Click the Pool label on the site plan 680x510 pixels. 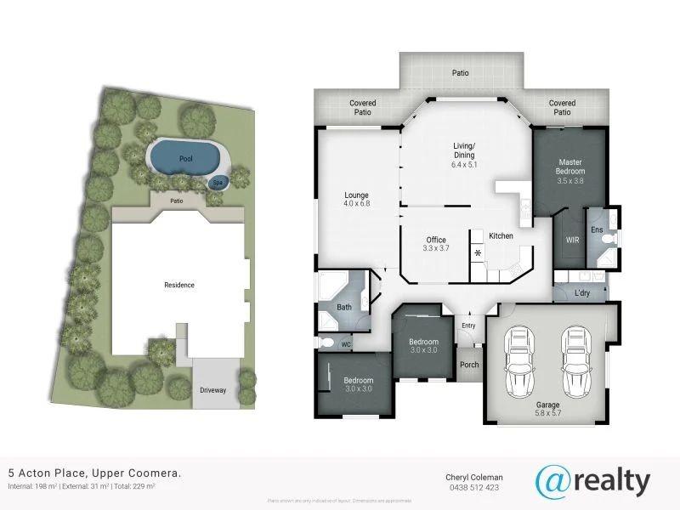click(185, 159)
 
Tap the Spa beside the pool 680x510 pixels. click(218, 182)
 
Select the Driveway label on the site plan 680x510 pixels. click(212, 391)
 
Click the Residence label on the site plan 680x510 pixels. click(179, 285)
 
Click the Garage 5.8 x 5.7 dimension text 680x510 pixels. click(547, 413)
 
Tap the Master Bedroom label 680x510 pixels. click(570, 166)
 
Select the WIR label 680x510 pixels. click(573, 241)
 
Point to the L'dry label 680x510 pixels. click(582, 293)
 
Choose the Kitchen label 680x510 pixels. click(501, 235)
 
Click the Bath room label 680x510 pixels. click(344, 307)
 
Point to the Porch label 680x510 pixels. click(469, 365)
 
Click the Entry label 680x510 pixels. click(468, 326)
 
